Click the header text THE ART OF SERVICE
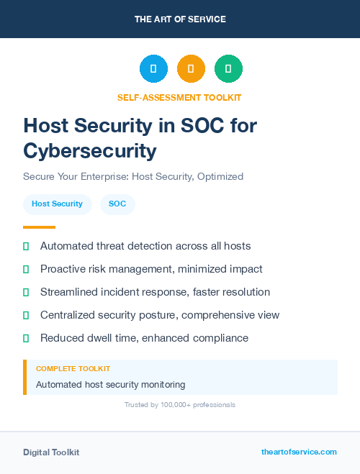(x=180, y=19)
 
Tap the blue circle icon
(x=153, y=68)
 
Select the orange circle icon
(x=191, y=68)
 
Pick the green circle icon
(x=228, y=68)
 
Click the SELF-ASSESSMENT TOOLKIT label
(x=179, y=97)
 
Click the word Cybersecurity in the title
(x=89, y=150)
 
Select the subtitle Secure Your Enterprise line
(x=133, y=176)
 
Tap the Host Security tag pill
(x=57, y=204)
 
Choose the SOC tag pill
(x=117, y=204)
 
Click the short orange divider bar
(x=39, y=227)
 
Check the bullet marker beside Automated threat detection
(x=26, y=246)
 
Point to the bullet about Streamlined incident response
(x=155, y=292)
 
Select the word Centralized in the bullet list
(x=68, y=315)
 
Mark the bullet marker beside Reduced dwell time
(x=26, y=338)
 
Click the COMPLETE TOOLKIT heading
(x=73, y=369)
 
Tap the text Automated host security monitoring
(x=110, y=385)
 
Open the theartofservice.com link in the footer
(x=299, y=452)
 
